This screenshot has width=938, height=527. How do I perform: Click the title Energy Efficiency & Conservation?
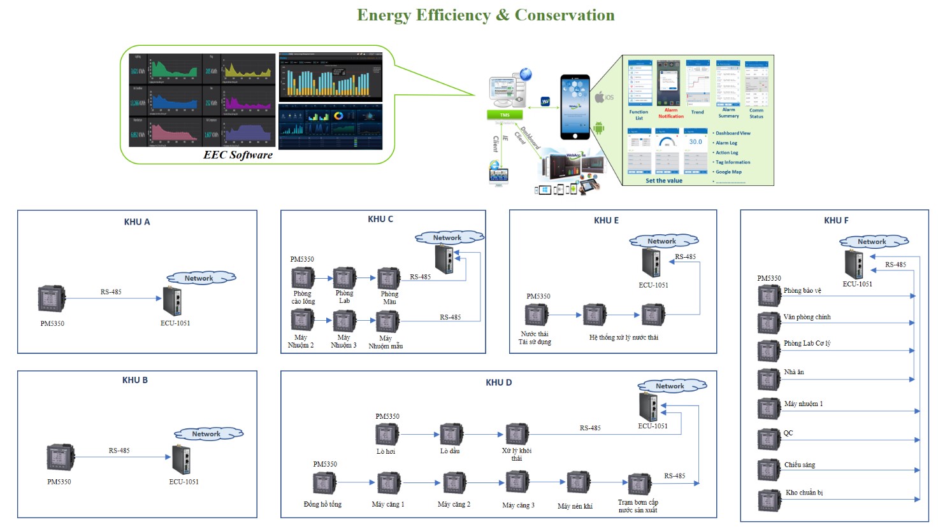tap(486, 15)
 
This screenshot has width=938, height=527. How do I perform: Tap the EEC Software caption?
tap(238, 155)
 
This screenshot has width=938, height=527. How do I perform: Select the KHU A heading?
tap(137, 222)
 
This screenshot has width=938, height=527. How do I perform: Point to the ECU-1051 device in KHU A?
tap(173, 301)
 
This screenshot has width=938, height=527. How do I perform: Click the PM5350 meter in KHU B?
tap(61, 458)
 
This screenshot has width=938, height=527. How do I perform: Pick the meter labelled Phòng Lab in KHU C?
tap(345, 278)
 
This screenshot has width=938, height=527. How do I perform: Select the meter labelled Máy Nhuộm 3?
tap(345, 321)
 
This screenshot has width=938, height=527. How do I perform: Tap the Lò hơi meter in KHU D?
tap(387, 434)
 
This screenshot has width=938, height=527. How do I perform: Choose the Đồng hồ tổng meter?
tap(324, 483)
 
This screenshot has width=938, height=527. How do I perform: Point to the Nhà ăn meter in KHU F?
tap(768, 379)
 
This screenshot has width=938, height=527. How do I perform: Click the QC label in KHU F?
tap(788, 433)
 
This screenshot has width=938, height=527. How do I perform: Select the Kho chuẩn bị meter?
tap(768, 500)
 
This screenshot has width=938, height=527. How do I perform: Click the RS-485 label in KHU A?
tap(111, 292)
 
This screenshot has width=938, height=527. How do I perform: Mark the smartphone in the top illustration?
tap(575, 107)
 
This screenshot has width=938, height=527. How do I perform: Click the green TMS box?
tap(505, 115)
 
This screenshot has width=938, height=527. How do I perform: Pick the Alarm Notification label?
tap(671, 113)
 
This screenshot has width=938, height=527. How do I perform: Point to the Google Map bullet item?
tap(728, 172)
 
